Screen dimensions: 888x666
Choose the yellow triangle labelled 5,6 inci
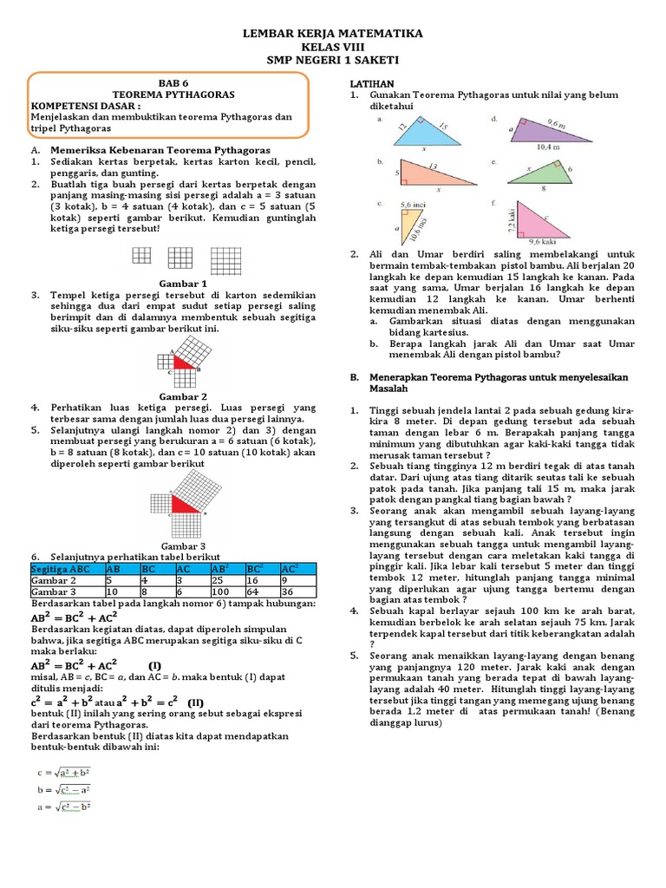point(407,227)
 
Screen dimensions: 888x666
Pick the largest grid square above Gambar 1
point(225,258)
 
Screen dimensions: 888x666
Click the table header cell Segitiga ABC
point(66,568)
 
